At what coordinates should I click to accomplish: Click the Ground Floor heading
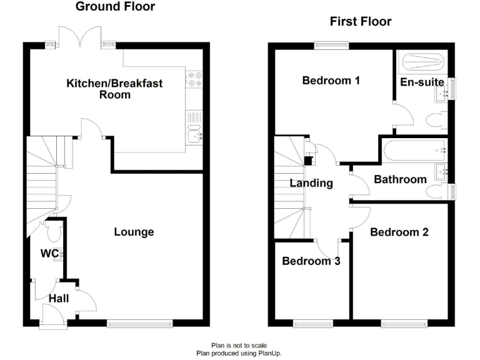pyautogui.click(x=115, y=7)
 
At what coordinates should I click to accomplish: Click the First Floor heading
pyautogui.click(x=361, y=22)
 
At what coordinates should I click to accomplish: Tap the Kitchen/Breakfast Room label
pyautogui.click(x=114, y=89)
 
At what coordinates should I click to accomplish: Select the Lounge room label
pyautogui.click(x=134, y=232)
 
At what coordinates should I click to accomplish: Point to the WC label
pyautogui.click(x=49, y=254)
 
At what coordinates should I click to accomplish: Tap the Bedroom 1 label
pyautogui.click(x=331, y=81)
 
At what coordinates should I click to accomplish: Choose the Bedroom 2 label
pyautogui.click(x=399, y=232)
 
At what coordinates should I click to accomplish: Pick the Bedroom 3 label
pyautogui.click(x=311, y=261)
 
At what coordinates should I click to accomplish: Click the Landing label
pyautogui.click(x=311, y=183)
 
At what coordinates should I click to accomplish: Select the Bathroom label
pyautogui.click(x=400, y=179)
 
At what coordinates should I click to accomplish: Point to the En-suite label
pyautogui.click(x=422, y=82)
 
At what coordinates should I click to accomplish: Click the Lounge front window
pyautogui.click(x=139, y=323)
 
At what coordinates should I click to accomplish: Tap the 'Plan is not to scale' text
pyautogui.click(x=239, y=345)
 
